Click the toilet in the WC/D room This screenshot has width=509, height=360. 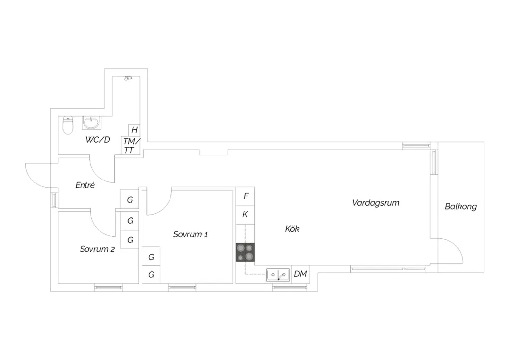[x=68, y=125]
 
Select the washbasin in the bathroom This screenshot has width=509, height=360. [x=91, y=123]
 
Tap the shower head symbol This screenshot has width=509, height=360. [x=128, y=78]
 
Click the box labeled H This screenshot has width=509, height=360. [x=134, y=130]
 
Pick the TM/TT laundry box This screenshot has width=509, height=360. [x=131, y=145]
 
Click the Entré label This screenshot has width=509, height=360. [x=85, y=185]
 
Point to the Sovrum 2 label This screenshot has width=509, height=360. [x=97, y=249]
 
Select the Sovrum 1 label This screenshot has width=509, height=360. [x=190, y=234]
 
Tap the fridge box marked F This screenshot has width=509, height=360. [x=245, y=196]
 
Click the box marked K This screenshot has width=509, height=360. [x=245, y=215]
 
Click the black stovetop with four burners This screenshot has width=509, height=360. [x=245, y=252]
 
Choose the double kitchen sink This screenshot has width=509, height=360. [x=278, y=275]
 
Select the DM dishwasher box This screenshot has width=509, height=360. [x=300, y=274]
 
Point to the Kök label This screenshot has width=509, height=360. [x=292, y=229]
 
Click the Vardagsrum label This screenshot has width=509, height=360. [x=376, y=203]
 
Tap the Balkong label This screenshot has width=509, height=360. [x=461, y=206]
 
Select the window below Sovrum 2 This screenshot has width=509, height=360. [x=108, y=287]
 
